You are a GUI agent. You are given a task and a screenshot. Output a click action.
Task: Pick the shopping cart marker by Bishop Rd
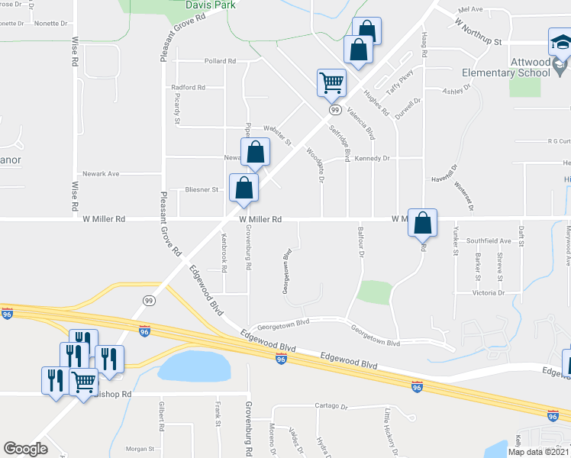(83, 380)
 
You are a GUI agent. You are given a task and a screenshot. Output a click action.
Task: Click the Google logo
(25, 449)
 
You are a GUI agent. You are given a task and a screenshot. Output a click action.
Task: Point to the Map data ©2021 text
(539, 452)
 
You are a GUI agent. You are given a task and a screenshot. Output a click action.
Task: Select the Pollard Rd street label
(220, 61)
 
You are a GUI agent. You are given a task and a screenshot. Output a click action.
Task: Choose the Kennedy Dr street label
(372, 158)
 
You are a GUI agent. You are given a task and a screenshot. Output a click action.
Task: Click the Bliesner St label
(202, 189)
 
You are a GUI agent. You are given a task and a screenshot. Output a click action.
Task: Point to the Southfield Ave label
(489, 240)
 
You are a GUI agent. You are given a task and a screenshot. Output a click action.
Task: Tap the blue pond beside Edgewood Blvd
(194, 367)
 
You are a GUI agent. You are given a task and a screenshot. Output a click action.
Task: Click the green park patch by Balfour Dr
(374, 292)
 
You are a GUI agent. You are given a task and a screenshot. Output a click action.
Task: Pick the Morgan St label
(140, 449)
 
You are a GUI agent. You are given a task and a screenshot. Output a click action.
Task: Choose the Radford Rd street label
(189, 88)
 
